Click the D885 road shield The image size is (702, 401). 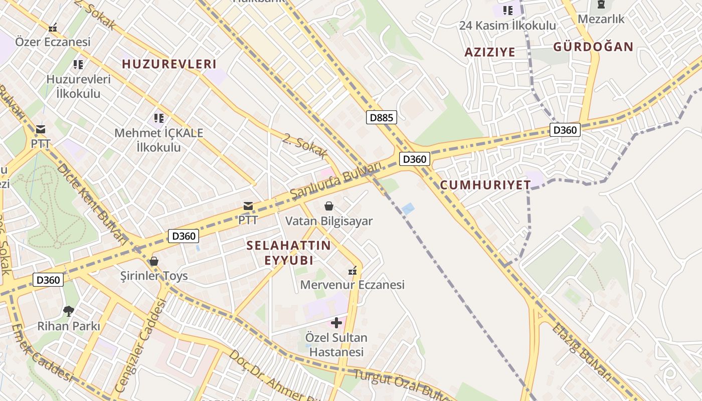pos(382,118)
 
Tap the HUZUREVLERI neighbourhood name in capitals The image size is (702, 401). pos(169,64)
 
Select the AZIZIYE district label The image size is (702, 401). pos(489,52)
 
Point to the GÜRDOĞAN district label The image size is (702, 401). pos(593,47)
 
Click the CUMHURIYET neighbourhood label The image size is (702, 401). pos(485,185)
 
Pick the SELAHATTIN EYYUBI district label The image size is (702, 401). pos(289,253)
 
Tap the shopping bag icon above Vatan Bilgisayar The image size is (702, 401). pos(329,206)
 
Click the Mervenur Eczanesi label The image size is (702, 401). pos(352,285)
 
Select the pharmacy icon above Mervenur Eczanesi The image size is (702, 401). pos(353,271)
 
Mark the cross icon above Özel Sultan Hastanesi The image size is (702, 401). pos(336,323)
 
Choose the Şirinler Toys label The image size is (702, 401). pos(154,276)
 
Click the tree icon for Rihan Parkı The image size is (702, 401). pos(69,311)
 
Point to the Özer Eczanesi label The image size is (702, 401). pos(53,42)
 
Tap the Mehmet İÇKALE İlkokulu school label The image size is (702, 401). pos(159,140)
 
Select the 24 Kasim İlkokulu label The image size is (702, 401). pos(507,25)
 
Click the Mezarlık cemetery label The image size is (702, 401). pos(601,19)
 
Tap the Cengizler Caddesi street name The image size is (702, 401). pos(140,345)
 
